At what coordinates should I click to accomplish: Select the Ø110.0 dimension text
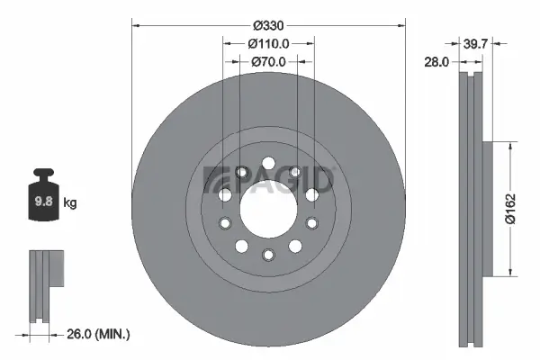(x=268, y=42)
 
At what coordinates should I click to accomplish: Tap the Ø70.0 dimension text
(x=268, y=62)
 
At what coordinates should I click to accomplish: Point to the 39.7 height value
(x=475, y=42)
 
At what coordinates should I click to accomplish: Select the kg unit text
(x=70, y=203)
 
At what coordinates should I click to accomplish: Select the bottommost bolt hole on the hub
(x=268, y=255)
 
